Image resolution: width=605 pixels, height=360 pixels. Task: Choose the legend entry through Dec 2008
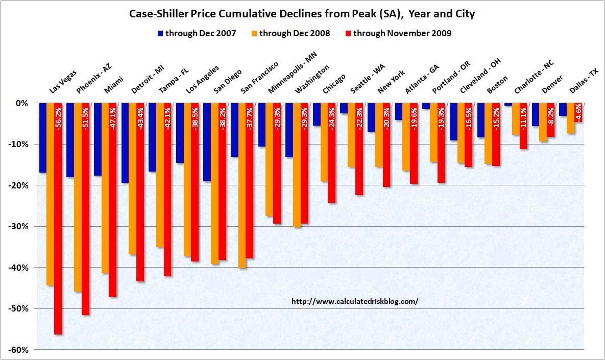tap(290, 34)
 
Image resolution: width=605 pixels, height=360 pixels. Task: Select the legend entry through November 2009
tap(397, 34)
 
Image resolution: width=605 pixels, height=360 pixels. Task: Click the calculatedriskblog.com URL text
tap(354, 301)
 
